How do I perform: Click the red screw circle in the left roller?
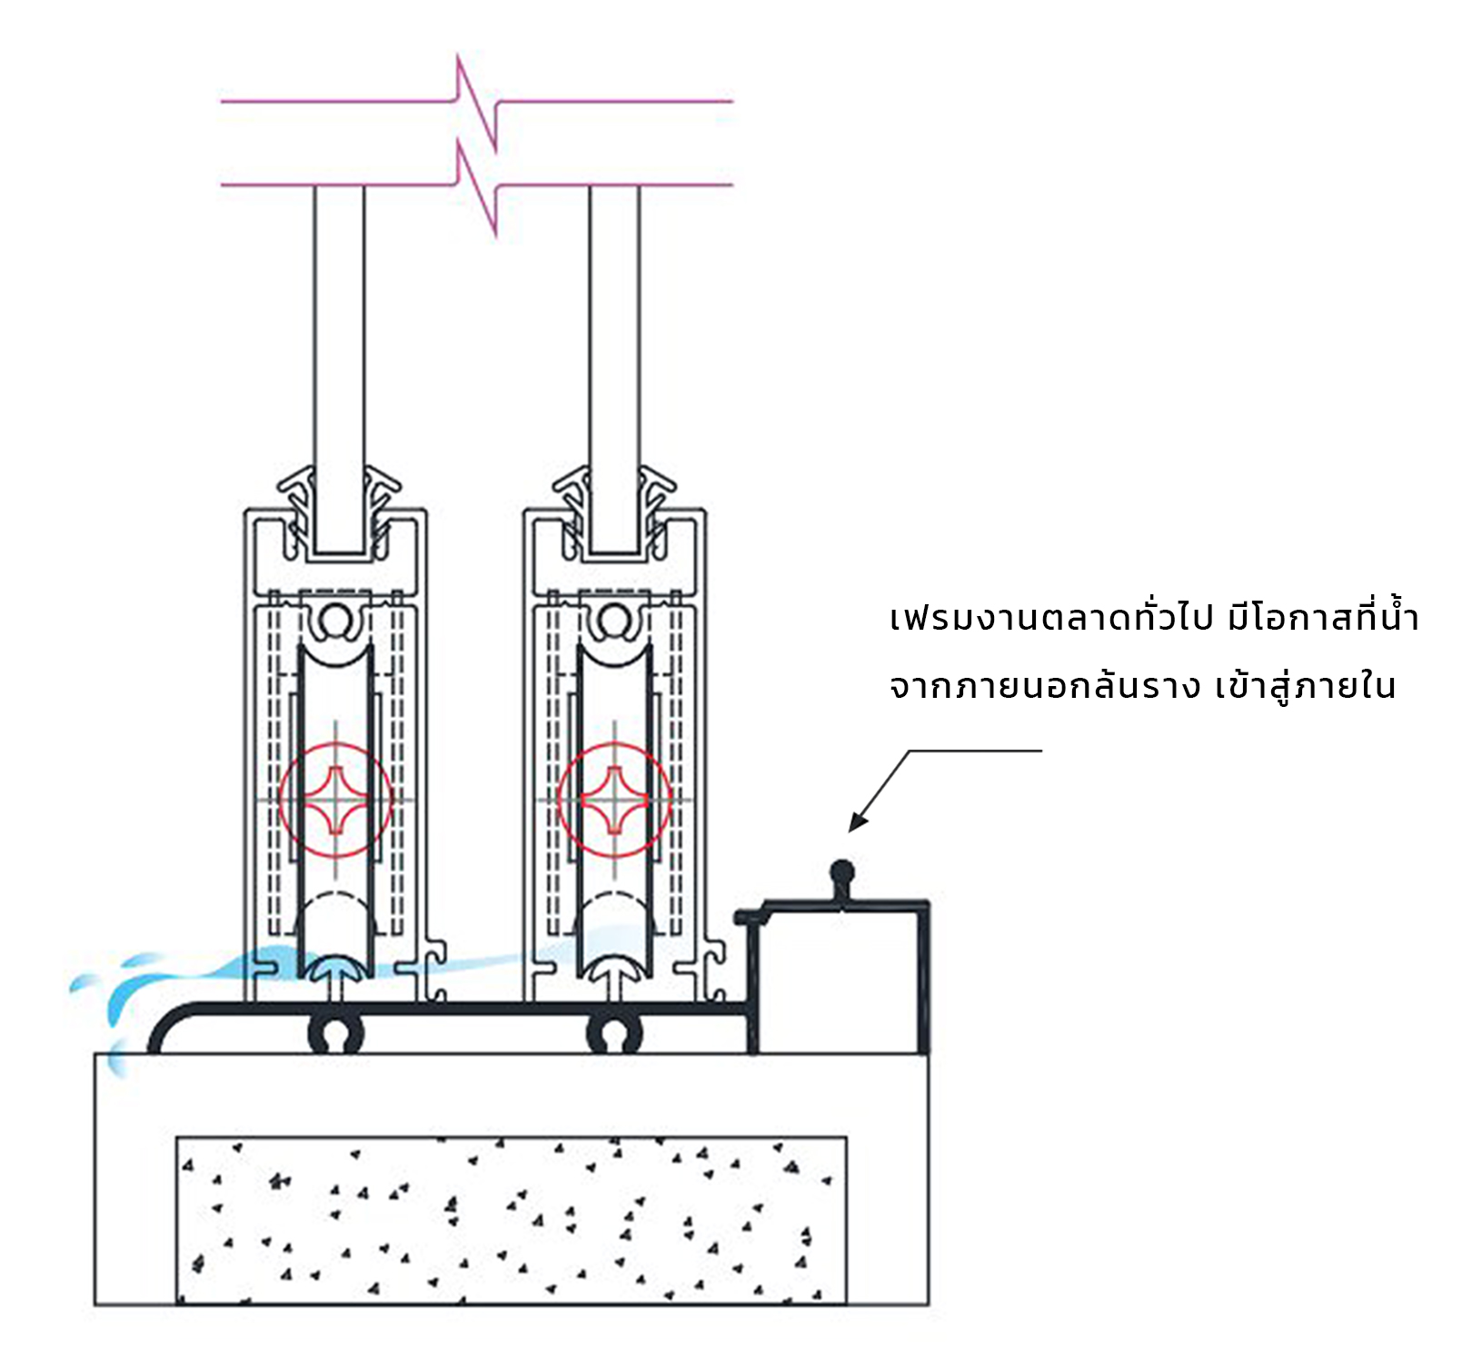pyautogui.click(x=335, y=800)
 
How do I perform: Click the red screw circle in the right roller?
pyautogui.click(x=614, y=800)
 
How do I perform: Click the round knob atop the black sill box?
pyautogui.click(x=842, y=873)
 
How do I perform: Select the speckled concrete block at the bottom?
pyautogui.click(x=511, y=1219)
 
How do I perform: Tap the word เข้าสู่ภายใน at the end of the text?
pyautogui.click(x=1305, y=687)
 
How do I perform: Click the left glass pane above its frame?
pyautogui.click(x=340, y=345)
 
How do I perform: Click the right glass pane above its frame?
pyautogui.click(x=614, y=345)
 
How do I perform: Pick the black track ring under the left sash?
pyautogui.click(x=336, y=1034)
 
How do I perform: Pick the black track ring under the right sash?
pyautogui.click(x=615, y=1034)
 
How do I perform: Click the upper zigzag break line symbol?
pyautogui.click(x=476, y=102)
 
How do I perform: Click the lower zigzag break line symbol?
pyautogui.click(x=476, y=186)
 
